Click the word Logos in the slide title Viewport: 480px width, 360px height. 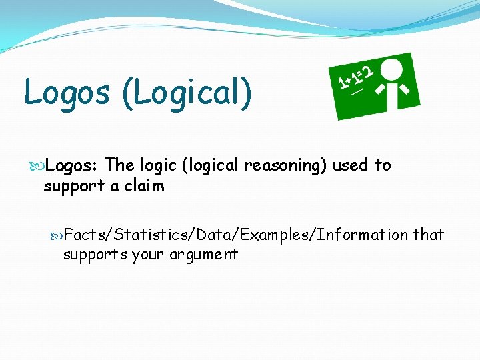point(66,91)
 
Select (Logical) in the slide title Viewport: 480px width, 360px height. point(187,92)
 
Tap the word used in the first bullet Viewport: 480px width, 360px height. point(351,165)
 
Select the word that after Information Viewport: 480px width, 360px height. point(429,235)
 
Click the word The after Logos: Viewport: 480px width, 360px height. point(120,165)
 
